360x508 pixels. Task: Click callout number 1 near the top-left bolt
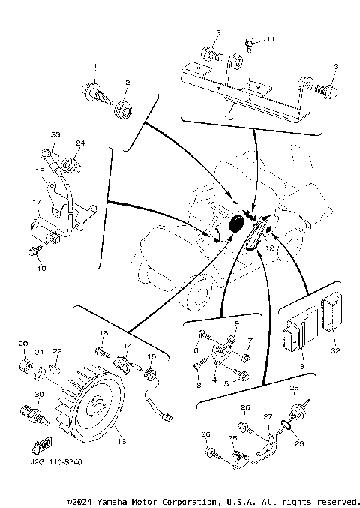tap(95, 68)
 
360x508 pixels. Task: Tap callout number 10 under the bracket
tap(230, 117)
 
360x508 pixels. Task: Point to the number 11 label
tap(271, 39)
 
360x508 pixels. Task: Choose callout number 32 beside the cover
tap(335, 350)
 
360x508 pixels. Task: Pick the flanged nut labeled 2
tap(122, 111)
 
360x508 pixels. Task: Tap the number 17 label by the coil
tap(35, 202)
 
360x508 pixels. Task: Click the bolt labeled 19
tap(34, 251)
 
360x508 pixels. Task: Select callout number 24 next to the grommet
tap(80, 143)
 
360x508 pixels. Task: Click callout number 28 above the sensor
tap(294, 389)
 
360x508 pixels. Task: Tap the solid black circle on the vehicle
tap(237, 223)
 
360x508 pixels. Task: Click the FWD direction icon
tap(34, 449)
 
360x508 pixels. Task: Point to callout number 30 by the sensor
tap(35, 395)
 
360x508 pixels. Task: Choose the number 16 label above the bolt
tap(103, 332)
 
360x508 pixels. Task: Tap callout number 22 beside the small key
tap(58, 351)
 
